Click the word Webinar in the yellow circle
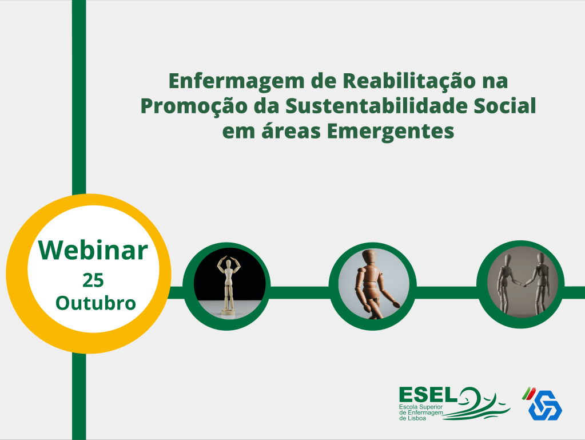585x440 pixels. click(x=93, y=250)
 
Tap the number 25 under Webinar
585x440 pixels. click(x=93, y=280)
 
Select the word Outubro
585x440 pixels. click(x=95, y=303)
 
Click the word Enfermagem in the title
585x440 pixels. click(x=237, y=82)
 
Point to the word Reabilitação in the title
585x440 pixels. click(x=409, y=82)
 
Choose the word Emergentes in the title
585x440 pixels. click(x=391, y=132)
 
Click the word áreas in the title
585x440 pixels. click(x=291, y=131)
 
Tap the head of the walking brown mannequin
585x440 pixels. click(x=370, y=258)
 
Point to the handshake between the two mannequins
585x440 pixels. click(x=524, y=284)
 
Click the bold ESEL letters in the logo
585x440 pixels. click(x=428, y=394)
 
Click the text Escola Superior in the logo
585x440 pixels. click(x=421, y=407)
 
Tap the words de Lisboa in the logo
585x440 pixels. click(x=413, y=418)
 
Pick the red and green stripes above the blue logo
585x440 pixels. click(x=528, y=393)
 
